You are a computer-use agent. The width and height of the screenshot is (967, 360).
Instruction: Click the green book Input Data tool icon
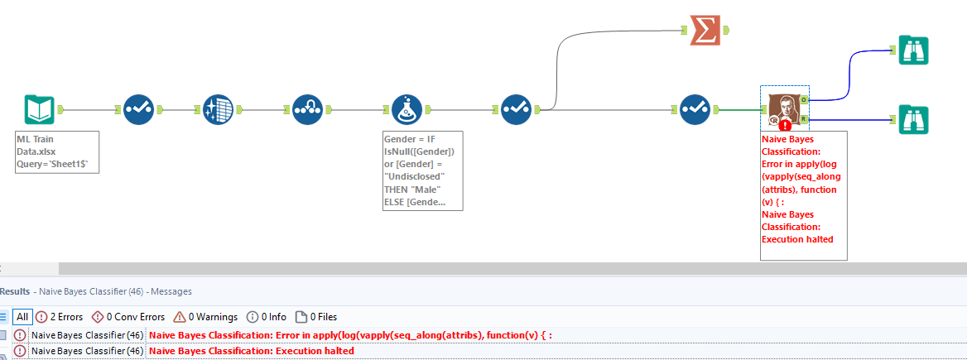coord(40,109)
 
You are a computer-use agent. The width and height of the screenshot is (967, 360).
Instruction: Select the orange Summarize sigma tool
coord(705,31)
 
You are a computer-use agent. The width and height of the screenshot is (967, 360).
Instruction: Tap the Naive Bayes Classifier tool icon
coord(784,108)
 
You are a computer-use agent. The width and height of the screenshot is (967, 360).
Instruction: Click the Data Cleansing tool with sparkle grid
coord(219,109)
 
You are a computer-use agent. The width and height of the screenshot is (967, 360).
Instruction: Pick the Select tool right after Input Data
coord(138,109)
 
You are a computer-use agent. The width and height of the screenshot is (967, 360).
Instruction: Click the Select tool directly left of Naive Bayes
coord(695,109)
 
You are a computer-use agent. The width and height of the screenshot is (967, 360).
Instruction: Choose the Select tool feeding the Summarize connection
coord(516,109)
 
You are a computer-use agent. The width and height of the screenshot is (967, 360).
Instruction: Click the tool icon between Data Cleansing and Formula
coord(309,109)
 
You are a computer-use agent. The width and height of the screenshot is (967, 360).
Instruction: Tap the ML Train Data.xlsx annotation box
coord(57,151)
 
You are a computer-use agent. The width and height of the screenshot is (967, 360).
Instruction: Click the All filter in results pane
coord(22,317)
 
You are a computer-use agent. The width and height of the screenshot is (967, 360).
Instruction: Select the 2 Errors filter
coord(59,317)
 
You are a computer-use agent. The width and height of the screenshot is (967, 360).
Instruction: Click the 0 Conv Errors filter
coord(127,317)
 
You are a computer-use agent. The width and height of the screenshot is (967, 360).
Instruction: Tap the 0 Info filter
coord(266,317)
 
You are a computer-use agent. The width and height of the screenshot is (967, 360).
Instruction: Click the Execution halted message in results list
coord(252,351)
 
